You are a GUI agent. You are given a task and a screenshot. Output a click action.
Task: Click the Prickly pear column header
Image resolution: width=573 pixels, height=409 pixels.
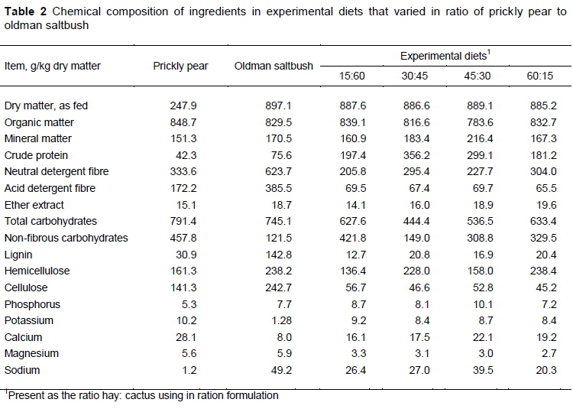(180, 66)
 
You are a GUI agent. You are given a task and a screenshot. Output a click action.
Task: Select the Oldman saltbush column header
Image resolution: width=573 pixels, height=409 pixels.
(273, 66)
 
